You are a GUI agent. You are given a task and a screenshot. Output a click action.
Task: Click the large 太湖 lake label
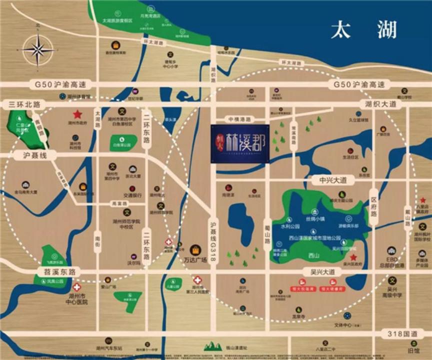pyautogui.click(x=364, y=30)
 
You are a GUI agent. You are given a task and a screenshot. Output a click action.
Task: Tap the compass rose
pyautogui.click(x=37, y=49)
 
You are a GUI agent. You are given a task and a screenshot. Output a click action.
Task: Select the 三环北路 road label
pyautogui.click(x=24, y=104)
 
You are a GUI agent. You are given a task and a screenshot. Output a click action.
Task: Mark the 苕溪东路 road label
pyautogui.click(x=58, y=272)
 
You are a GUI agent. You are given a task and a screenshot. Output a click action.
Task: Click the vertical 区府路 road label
pyautogui.click(x=373, y=206)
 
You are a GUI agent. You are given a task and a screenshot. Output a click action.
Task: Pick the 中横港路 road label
pyautogui.click(x=241, y=119)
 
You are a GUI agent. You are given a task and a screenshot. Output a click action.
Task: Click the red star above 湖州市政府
pyautogui.click(x=78, y=114)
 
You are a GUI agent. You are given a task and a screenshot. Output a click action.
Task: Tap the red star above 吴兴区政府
pyautogui.click(x=353, y=257)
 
